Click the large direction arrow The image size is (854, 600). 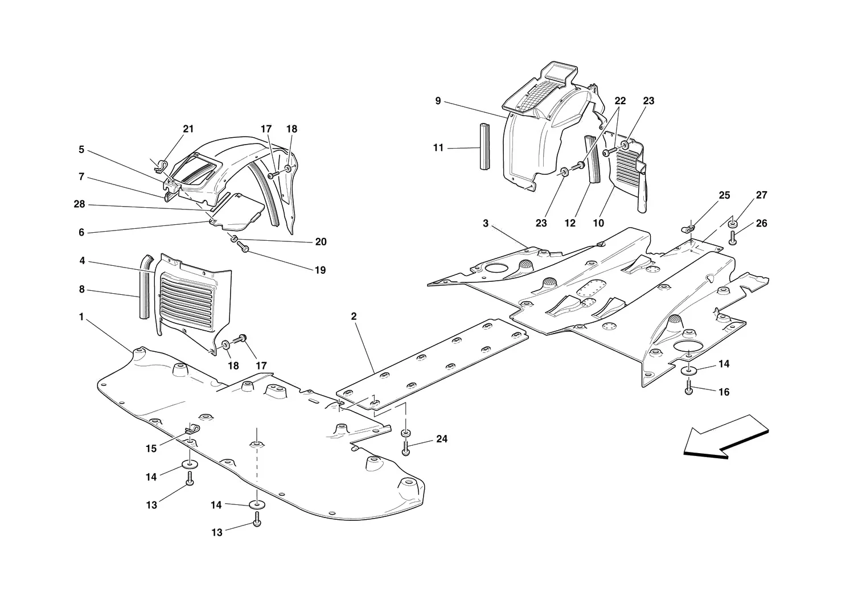pyautogui.click(x=725, y=438)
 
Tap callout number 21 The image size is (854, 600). pyautogui.click(x=188, y=129)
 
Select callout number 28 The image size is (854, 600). pyautogui.click(x=79, y=204)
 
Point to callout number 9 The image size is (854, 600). pyautogui.click(x=438, y=101)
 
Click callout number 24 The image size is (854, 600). pyautogui.click(x=442, y=439)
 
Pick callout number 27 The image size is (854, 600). pyautogui.click(x=761, y=195)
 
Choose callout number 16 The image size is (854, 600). pyautogui.click(x=724, y=392)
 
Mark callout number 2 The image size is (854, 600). pyautogui.click(x=354, y=317)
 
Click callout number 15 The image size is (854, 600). pyautogui.click(x=151, y=449)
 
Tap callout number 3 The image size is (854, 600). pyautogui.click(x=485, y=223)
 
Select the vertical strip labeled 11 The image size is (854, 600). pyautogui.click(x=484, y=146)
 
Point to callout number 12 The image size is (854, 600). pyautogui.click(x=570, y=223)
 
